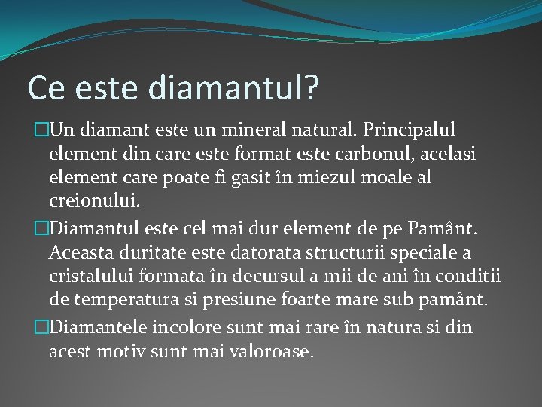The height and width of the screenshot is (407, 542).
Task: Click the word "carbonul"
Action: tap(358, 156)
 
